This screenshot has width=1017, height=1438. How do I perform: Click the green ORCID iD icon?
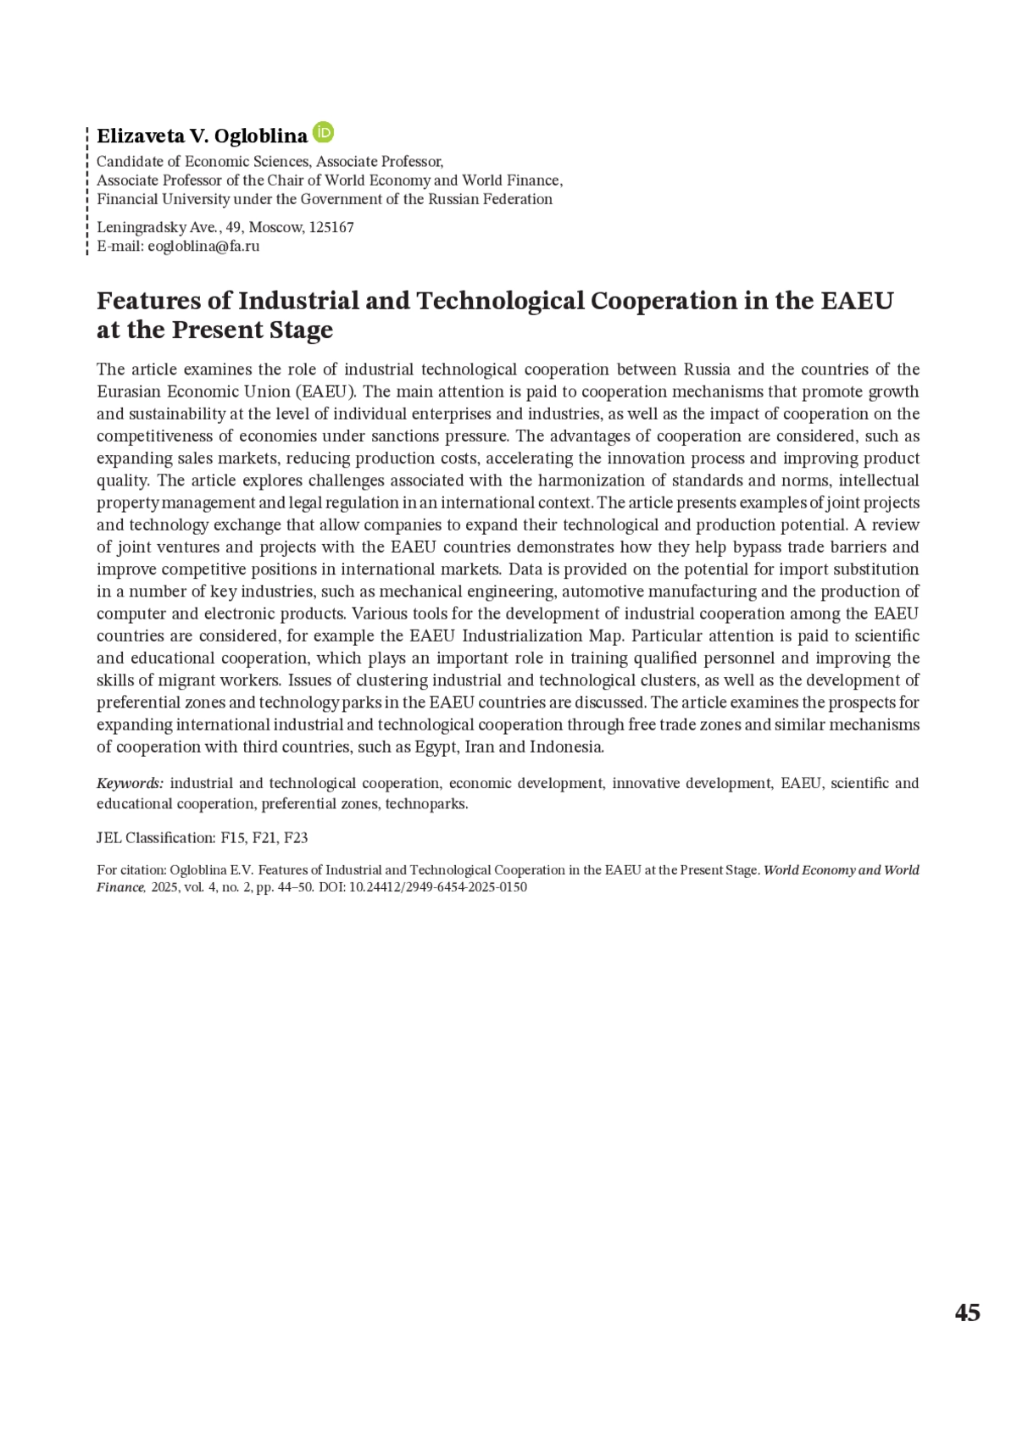[x=323, y=133]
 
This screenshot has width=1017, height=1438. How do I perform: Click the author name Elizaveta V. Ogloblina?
[x=202, y=136]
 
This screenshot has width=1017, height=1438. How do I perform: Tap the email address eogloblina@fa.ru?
[x=203, y=247]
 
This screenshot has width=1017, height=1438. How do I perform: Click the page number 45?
[x=967, y=1313]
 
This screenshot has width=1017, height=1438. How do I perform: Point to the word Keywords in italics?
[x=130, y=784]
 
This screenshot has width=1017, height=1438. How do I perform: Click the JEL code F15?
[x=231, y=838]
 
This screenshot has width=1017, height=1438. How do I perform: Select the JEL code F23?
[x=296, y=838]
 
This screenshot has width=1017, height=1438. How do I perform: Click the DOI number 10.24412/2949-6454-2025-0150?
[x=438, y=887]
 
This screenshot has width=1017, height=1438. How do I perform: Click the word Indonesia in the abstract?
[x=566, y=747]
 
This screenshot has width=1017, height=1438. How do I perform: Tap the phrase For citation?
[x=131, y=870]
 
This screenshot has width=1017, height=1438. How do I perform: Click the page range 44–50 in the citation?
[x=292, y=887]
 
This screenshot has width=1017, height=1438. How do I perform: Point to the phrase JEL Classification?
[x=156, y=838]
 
